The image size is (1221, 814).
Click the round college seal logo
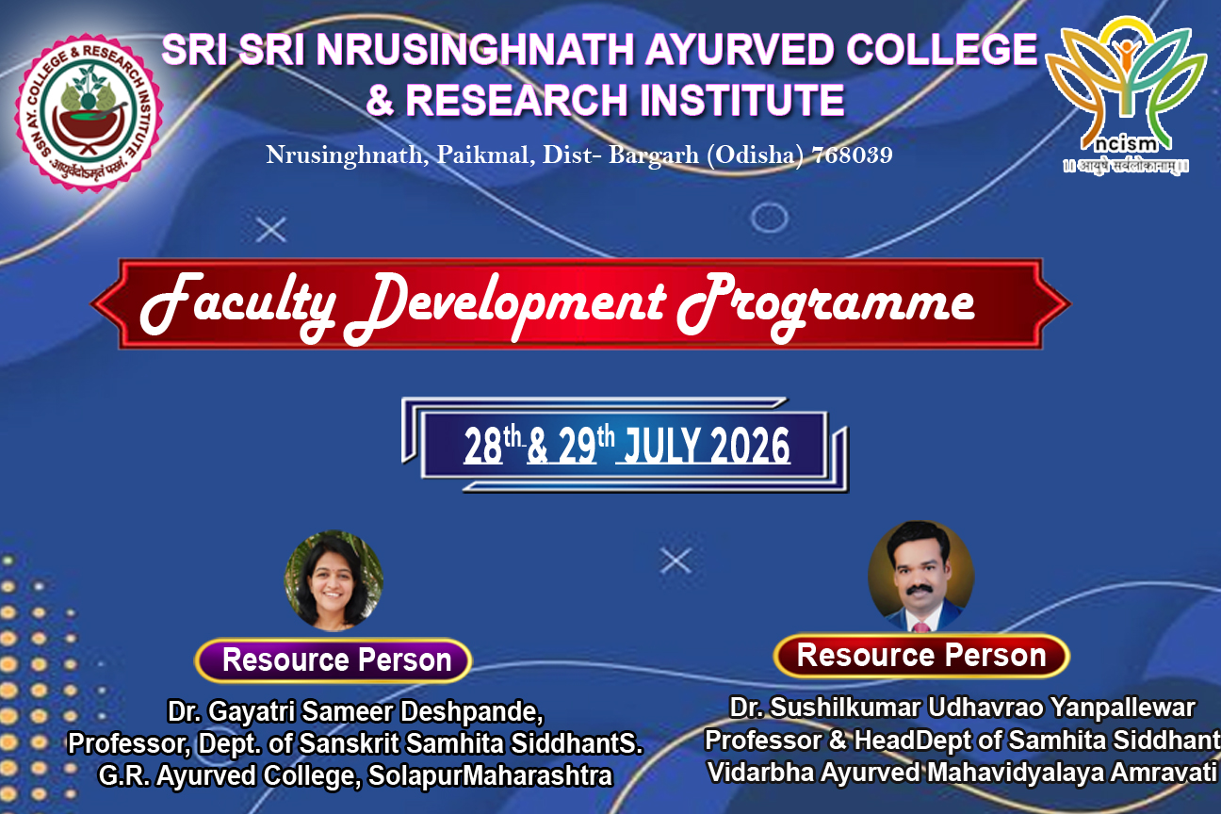click(89, 113)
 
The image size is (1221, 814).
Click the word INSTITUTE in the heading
click(741, 100)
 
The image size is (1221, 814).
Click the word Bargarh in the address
click(653, 155)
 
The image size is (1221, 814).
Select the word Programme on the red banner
click(826, 306)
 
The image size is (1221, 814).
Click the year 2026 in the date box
click(750, 446)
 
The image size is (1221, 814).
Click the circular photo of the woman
click(334, 580)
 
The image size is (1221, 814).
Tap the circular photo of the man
click(920, 576)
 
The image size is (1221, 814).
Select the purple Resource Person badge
click(334, 660)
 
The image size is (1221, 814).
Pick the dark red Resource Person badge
click(921, 656)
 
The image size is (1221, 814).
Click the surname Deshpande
click(471, 711)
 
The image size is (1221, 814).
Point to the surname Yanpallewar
click(1122, 708)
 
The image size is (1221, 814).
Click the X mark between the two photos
click(676, 561)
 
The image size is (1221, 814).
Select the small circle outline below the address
click(769, 218)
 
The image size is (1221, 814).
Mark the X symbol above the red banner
click(271, 230)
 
